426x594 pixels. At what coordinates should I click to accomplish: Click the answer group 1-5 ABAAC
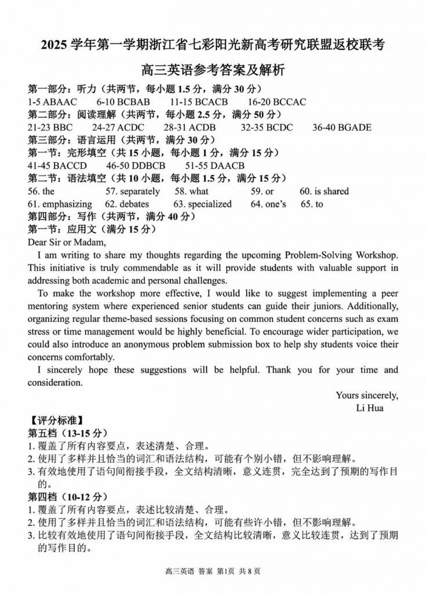52,102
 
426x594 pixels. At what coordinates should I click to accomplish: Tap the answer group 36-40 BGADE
342,128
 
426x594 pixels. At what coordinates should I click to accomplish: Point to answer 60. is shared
324,191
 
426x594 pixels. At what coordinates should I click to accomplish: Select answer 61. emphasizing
60,204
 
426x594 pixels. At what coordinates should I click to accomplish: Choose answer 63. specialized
202,204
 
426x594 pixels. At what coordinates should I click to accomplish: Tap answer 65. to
312,204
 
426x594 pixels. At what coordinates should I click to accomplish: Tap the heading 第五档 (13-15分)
68,433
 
